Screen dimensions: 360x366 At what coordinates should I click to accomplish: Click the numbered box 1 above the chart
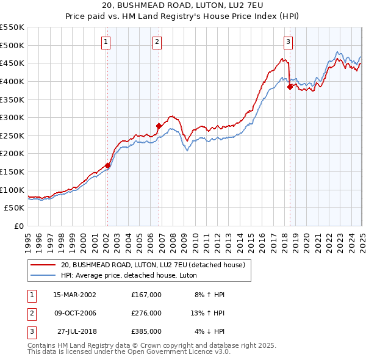tap(106, 42)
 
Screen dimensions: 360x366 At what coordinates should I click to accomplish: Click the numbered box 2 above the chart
tap(157, 42)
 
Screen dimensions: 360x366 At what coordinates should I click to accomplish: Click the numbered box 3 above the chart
tap(288, 42)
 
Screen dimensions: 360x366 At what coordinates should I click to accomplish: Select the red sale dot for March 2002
tap(107, 165)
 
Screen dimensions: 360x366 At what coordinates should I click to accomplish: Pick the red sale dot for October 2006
tap(159, 126)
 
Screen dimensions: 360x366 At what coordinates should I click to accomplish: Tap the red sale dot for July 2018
tap(290, 87)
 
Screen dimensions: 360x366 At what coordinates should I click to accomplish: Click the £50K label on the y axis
tap(15, 207)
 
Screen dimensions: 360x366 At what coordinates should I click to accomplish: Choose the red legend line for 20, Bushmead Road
tap(43, 265)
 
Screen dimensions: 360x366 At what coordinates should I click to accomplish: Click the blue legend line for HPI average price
tap(43, 275)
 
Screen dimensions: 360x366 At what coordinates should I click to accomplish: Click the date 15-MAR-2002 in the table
tap(75, 295)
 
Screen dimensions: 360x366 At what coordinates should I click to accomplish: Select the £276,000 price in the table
tap(146, 313)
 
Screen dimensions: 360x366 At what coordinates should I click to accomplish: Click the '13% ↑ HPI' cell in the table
tap(208, 313)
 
